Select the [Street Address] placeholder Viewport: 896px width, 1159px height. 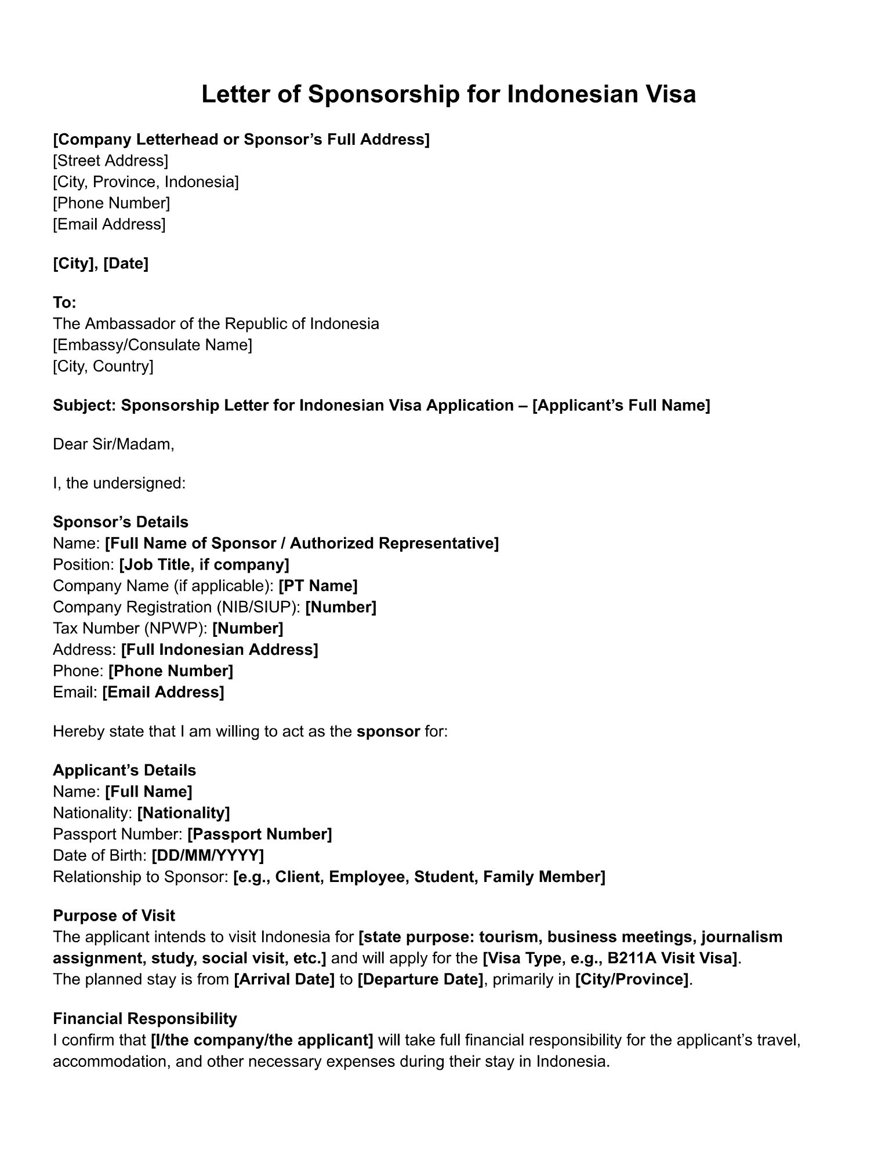[x=110, y=161]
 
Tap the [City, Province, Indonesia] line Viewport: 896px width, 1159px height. [x=146, y=182]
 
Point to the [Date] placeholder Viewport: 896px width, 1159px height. [x=126, y=264]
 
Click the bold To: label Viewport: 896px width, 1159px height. [x=64, y=302]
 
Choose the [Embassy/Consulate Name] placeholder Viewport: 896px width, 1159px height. [x=153, y=345]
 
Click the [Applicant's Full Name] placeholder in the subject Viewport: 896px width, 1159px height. [x=621, y=405]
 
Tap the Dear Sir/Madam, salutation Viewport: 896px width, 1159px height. [x=114, y=444]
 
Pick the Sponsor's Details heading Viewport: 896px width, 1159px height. [x=121, y=522]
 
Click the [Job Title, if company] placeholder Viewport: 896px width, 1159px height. [x=204, y=564]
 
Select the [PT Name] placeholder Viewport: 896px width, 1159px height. [x=318, y=586]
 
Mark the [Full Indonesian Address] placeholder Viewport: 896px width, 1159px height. [x=220, y=650]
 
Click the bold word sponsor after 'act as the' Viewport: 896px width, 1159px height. [x=388, y=731]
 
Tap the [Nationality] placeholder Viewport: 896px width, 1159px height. [x=183, y=813]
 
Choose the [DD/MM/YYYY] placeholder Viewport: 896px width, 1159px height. [x=208, y=855]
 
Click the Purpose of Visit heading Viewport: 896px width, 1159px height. [x=114, y=916]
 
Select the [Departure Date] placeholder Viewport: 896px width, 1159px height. [x=420, y=979]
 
